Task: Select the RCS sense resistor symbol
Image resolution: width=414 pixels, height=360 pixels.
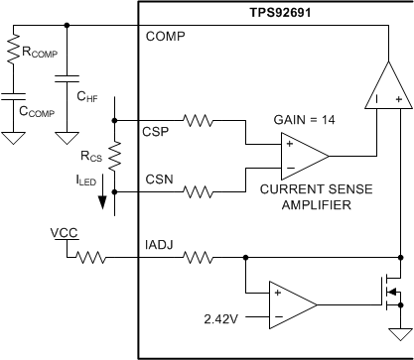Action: [115, 154]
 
